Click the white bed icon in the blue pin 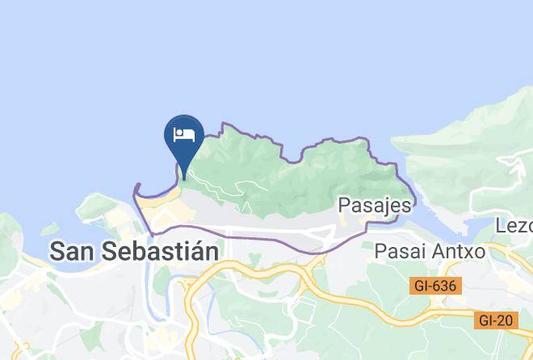pos(185,134)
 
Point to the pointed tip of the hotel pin pos(184,178)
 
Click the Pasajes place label pos(375,205)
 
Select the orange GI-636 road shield pos(434,286)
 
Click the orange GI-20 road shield pos(495,320)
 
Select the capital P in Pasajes pos(345,205)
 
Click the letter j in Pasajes pos(384,207)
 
